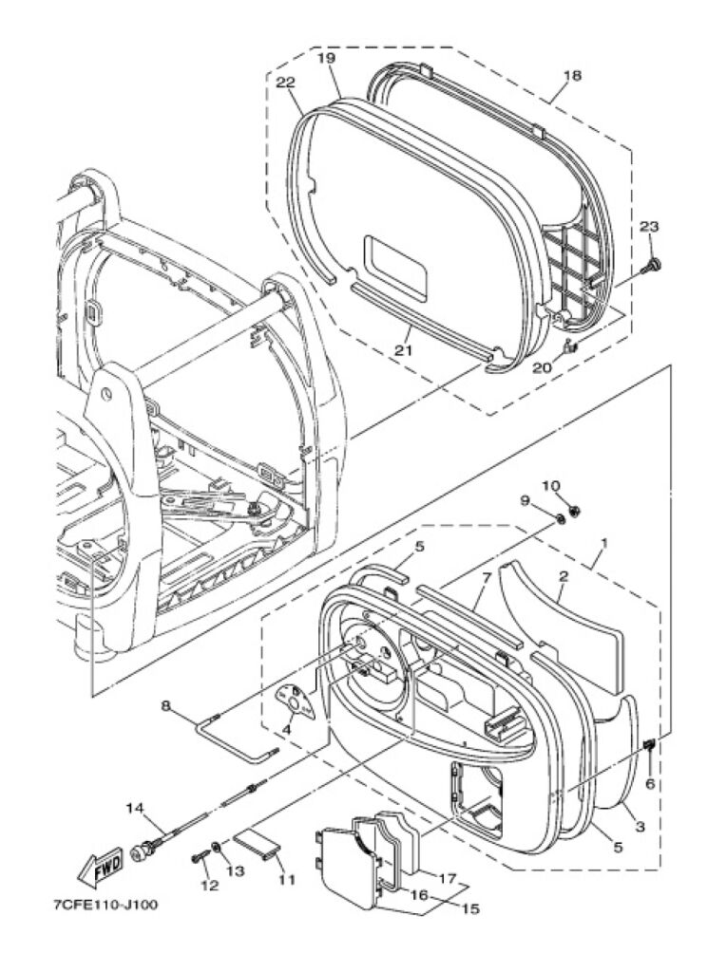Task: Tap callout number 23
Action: [649, 227]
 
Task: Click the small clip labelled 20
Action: [570, 350]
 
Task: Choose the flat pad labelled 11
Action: [257, 844]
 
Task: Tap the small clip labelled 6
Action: [649, 745]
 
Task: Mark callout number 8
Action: [165, 705]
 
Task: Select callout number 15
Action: [470, 908]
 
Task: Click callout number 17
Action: [448, 879]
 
